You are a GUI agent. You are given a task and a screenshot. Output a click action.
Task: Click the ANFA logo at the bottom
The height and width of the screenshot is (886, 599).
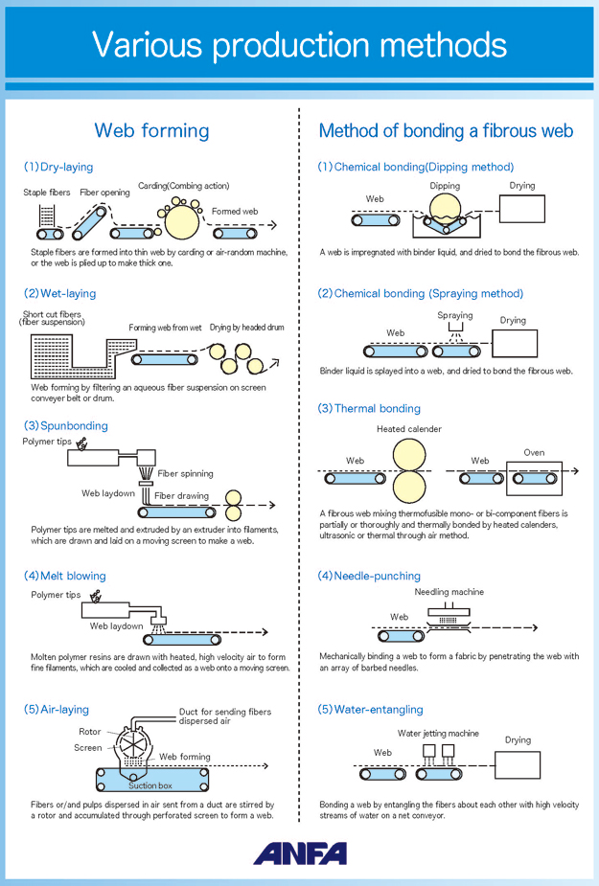coord(300,852)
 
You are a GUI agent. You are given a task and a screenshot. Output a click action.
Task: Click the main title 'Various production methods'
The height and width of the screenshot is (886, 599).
coord(299,43)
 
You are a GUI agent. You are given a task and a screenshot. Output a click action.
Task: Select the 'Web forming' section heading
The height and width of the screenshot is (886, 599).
coord(151,131)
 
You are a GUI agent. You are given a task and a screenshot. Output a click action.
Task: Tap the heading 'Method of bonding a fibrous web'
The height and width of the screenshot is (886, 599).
coord(446,131)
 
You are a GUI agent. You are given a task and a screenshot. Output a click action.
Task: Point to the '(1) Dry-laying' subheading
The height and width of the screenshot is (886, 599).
coord(58,167)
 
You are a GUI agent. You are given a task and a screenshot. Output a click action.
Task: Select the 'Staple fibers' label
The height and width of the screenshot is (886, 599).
coord(47,193)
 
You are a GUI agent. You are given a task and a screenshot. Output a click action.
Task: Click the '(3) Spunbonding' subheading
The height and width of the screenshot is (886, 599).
coord(66,425)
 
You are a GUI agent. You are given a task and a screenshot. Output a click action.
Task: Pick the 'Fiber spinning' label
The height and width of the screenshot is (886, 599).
coord(186,473)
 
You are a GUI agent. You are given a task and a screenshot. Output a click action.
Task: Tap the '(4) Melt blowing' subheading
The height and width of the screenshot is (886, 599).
coord(65,576)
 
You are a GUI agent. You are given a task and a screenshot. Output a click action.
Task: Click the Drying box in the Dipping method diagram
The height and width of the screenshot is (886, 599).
coord(522,209)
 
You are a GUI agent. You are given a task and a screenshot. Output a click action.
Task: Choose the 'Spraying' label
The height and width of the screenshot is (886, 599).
coord(455,315)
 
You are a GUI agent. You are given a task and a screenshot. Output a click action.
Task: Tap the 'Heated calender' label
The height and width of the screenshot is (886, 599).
coord(409,429)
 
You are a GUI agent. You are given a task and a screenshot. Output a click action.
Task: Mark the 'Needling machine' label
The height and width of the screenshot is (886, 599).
coord(449,592)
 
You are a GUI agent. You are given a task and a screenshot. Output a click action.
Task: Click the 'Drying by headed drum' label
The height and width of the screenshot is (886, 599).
coord(247,328)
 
